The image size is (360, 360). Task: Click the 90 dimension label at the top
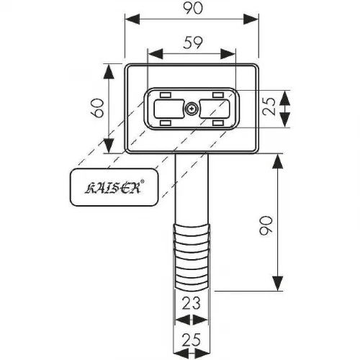(193, 8)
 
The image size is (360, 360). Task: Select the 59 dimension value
(193, 42)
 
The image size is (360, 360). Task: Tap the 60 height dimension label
(98, 108)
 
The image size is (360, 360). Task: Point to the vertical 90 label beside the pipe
(266, 225)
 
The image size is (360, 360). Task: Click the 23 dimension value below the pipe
(192, 303)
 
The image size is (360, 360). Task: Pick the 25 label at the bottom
(192, 340)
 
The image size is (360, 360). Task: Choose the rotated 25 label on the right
(269, 107)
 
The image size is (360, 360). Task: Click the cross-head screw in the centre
(192, 109)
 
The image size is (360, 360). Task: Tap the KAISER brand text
(113, 188)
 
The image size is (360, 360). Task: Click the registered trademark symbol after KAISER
(142, 181)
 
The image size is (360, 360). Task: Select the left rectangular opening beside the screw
(169, 109)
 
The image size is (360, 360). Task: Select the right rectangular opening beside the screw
(215, 109)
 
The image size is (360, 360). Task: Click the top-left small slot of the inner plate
(166, 95)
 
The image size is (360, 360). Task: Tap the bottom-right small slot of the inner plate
(218, 123)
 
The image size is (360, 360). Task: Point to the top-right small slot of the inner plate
(218, 95)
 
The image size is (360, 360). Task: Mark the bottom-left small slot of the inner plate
(166, 123)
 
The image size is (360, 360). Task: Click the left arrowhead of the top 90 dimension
(132, 19)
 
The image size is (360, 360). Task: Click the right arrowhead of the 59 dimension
(228, 54)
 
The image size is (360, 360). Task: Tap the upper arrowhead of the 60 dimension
(109, 71)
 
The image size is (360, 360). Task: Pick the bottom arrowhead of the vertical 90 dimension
(278, 284)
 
